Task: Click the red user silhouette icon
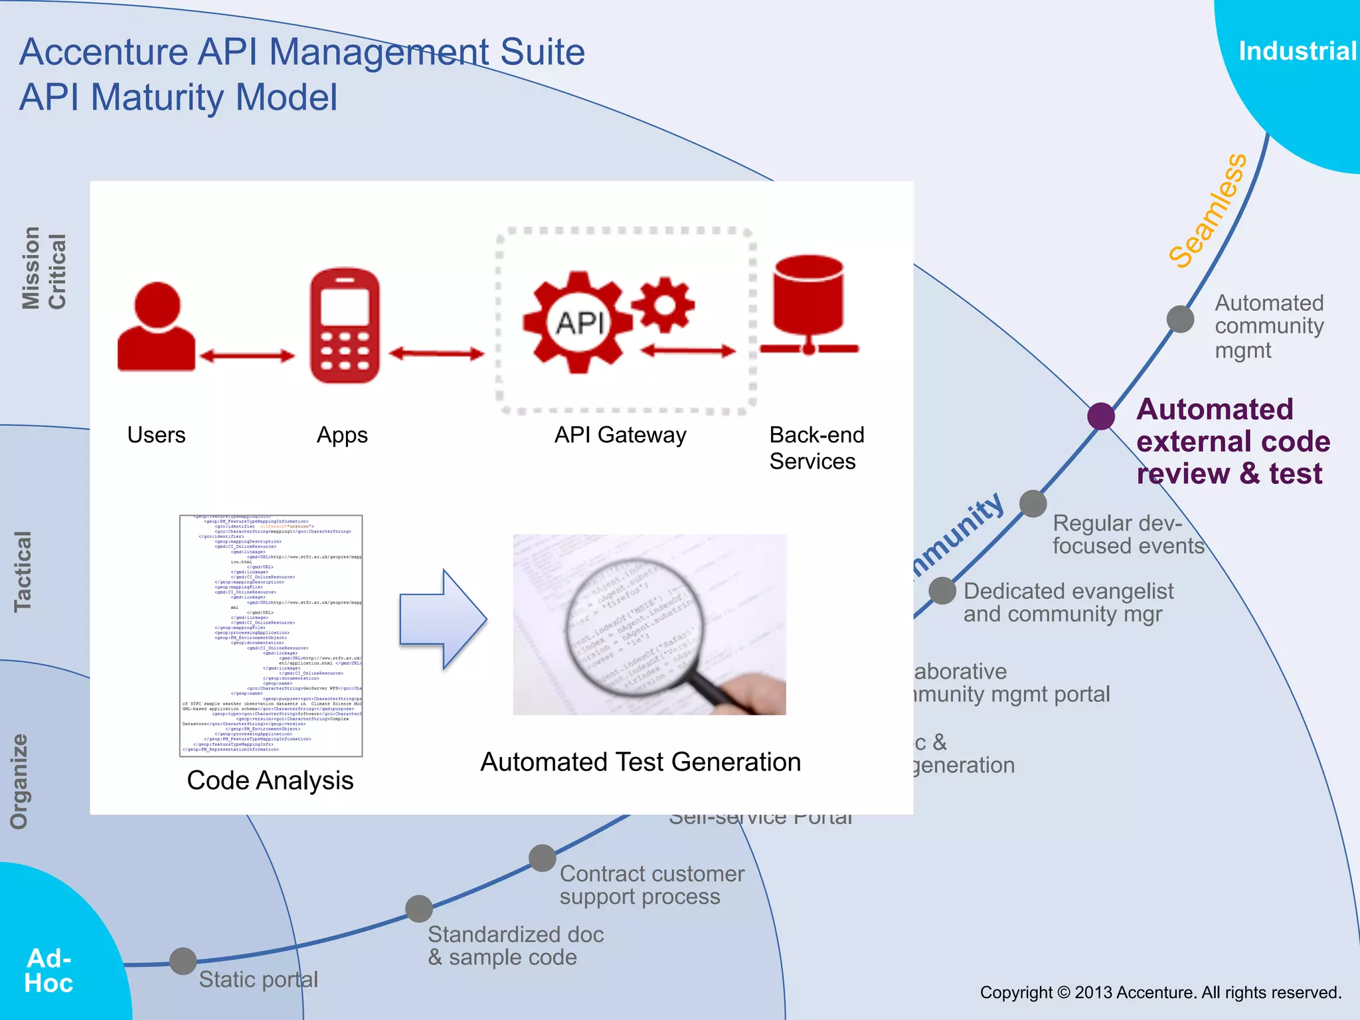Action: (157, 327)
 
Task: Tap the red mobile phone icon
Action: (345, 325)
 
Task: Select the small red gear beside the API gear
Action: (663, 305)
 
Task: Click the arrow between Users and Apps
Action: (247, 357)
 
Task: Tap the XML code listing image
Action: (271, 636)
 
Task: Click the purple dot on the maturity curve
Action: (1100, 416)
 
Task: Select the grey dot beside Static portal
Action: (183, 961)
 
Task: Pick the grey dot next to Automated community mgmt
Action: (1180, 319)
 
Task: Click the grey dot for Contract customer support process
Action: (543, 858)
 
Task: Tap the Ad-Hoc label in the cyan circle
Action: (48, 970)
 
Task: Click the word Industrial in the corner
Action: (1297, 51)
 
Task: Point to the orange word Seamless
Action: (1208, 211)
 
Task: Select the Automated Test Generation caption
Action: (640, 762)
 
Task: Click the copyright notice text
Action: (1160, 992)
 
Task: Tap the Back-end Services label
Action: (815, 448)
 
